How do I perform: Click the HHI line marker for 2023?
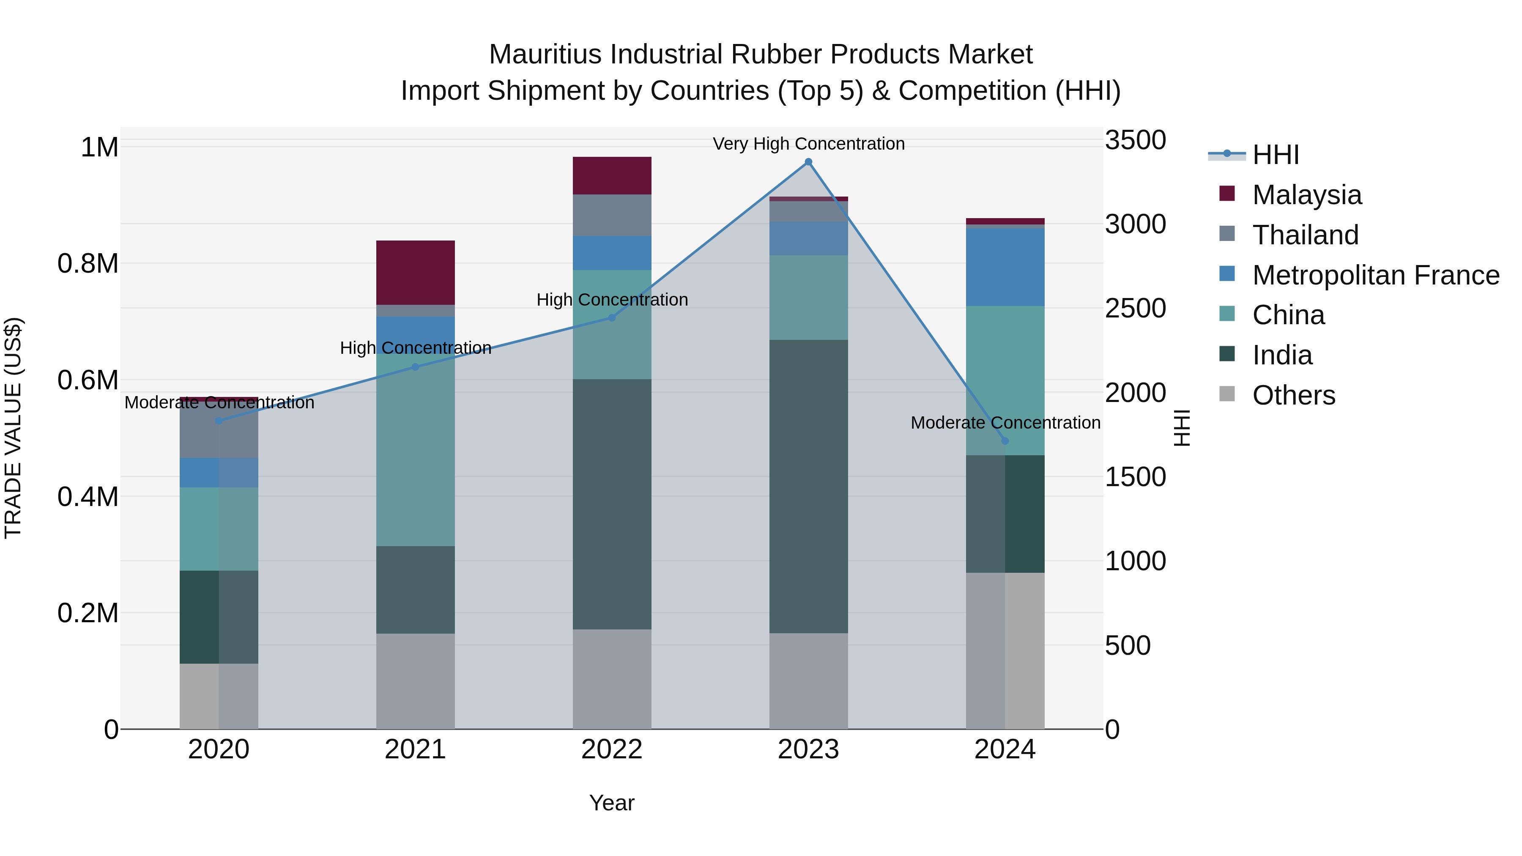[x=808, y=162]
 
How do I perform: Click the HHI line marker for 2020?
[x=219, y=421]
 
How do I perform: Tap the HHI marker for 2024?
[x=1005, y=441]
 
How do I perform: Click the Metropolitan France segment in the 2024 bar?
[x=1005, y=267]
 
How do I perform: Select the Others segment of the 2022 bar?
[x=612, y=679]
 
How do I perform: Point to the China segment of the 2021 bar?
[x=415, y=449]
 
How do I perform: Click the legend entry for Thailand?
[x=1305, y=235]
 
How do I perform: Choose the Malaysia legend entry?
[x=1306, y=195]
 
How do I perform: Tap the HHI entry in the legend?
[x=1275, y=155]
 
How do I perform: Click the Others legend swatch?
[x=1227, y=394]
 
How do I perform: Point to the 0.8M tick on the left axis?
[x=88, y=263]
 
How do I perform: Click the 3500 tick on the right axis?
[x=1135, y=141]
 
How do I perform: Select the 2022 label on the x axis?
[x=612, y=749]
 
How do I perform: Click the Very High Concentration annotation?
[x=808, y=144]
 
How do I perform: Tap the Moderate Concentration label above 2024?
[x=1005, y=423]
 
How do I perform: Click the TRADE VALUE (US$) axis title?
[x=13, y=428]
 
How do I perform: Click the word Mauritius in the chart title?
[x=545, y=55]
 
